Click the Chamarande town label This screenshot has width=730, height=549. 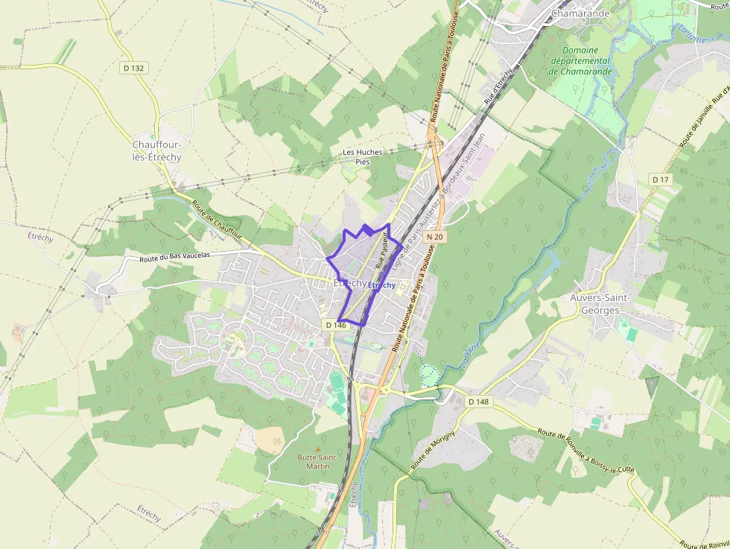(580, 13)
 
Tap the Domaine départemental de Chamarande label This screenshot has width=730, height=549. (580, 61)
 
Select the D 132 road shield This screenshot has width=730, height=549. (134, 68)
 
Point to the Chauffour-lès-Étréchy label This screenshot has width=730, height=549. (157, 150)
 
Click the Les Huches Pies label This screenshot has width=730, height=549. (362, 156)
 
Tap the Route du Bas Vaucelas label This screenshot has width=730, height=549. (175, 257)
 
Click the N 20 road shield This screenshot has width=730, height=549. (435, 237)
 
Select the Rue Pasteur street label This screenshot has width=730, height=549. (384, 250)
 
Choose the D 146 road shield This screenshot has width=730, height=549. (336, 325)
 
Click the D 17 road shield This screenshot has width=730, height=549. (661, 180)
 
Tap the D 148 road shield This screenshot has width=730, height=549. (479, 402)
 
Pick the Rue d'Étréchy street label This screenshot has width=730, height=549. (498, 85)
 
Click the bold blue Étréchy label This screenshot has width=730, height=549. (381, 285)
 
